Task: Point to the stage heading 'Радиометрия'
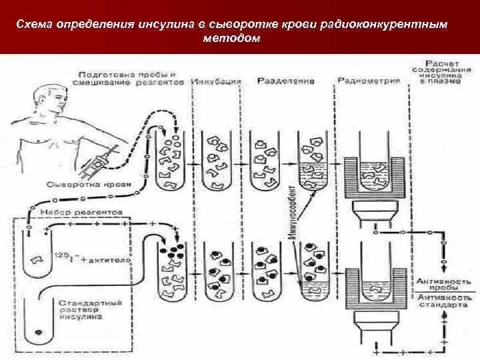pos(368,81)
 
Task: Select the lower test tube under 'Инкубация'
pos(216,273)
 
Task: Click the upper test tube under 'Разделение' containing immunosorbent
pos(311,160)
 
